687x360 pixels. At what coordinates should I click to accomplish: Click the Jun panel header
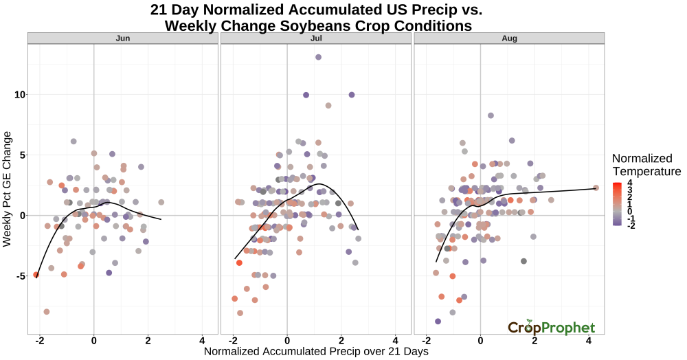(x=122, y=38)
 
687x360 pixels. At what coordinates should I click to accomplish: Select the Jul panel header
(x=316, y=38)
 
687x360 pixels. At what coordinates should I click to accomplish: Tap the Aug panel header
(x=509, y=38)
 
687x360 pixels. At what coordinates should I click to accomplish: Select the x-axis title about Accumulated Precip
(x=316, y=352)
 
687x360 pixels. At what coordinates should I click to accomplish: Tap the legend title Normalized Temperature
(x=646, y=164)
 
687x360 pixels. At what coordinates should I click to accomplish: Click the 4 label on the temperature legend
(x=630, y=183)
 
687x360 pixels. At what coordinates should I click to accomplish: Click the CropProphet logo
(x=552, y=327)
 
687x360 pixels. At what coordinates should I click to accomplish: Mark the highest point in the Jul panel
(x=318, y=57)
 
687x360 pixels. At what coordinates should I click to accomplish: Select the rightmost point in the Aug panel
(x=596, y=188)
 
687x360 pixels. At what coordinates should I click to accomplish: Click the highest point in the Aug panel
(x=491, y=115)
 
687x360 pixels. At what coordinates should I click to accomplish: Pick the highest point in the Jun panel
(x=74, y=142)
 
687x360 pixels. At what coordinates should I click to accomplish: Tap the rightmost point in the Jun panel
(x=161, y=203)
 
